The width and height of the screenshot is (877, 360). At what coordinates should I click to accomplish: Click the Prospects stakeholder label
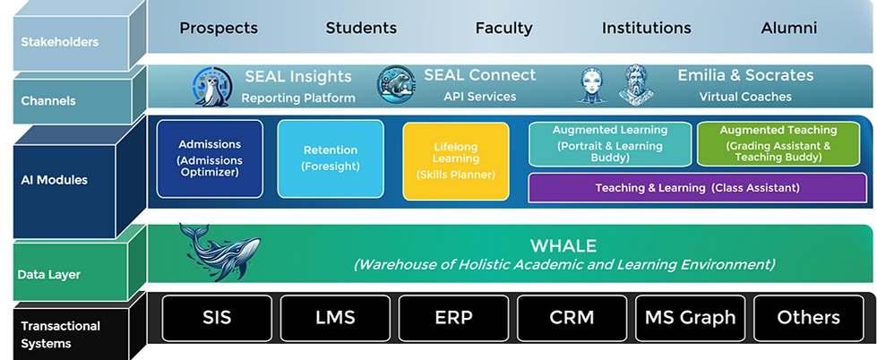click(219, 28)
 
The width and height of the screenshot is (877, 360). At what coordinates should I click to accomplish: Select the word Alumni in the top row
click(788, 28)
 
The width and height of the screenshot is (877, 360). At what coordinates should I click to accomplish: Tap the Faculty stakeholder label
click(503, 28)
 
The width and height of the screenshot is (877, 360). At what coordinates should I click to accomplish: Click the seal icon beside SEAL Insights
click(212, 87)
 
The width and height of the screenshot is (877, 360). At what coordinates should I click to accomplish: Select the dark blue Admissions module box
click(209, 159)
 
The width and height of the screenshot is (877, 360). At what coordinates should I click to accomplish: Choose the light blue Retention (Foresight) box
click(331, 159)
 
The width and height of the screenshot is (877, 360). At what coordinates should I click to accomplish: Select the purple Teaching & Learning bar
click(697, 188)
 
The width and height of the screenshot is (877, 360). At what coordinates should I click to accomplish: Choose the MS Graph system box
click(690, 317)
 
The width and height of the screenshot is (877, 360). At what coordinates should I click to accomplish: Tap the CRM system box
click(572, 317)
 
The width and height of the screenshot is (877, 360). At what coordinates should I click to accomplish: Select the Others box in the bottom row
click(809, 317)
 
